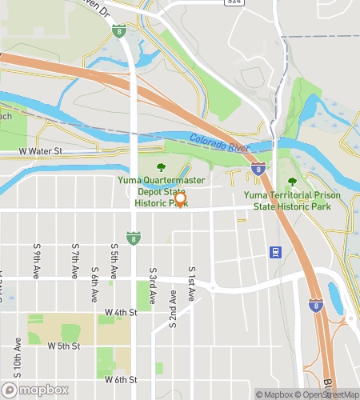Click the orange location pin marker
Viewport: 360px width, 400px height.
coord(181,200)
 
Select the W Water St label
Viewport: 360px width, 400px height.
coord(40,150)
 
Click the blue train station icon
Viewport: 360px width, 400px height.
coord(275,253)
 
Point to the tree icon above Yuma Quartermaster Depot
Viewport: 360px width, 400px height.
coord(161,168)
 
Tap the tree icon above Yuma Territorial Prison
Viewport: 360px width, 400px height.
coord(292,183)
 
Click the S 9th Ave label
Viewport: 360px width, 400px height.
coord(37,262)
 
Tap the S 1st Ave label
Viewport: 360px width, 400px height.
coord(191,283)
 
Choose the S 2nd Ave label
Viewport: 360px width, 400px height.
coord(172,309)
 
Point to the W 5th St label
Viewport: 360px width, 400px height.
coord(64,346)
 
